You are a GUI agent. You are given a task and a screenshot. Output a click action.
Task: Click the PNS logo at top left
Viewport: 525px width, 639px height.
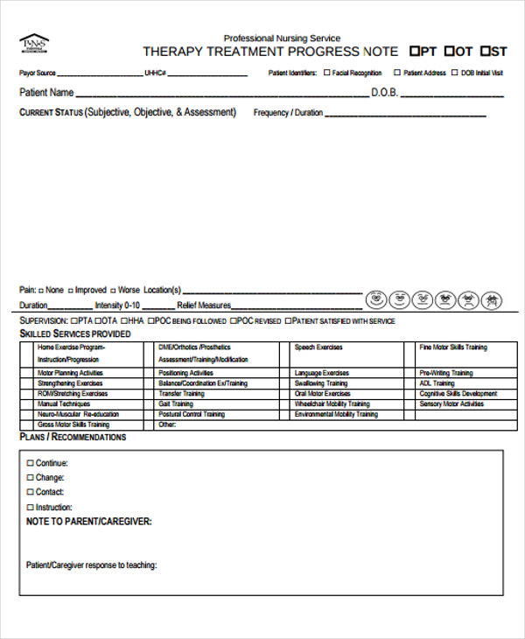[34, 44]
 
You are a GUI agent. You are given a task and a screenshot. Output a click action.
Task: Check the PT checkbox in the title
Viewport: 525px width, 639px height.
[416, 51]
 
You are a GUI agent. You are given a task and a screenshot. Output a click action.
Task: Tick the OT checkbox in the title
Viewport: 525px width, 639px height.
[450, 51]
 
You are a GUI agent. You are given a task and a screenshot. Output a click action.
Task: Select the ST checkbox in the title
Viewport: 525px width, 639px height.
[486, 51]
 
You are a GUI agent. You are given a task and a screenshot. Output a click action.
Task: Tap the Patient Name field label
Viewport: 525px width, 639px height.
[46, 92]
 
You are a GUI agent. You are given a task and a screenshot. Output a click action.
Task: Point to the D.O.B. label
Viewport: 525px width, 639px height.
[388, 92]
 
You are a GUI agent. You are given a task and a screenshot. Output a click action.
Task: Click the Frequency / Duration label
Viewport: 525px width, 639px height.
[288, 113]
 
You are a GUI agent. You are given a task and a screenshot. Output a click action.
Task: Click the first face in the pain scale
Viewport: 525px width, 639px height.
[376, 299]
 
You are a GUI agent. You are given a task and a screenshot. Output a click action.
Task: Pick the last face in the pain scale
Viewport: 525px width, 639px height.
[493, 299]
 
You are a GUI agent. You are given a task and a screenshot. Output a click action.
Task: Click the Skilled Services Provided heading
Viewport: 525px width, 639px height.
[75, 334]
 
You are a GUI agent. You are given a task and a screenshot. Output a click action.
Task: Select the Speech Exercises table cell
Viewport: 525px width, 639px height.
[318, 348]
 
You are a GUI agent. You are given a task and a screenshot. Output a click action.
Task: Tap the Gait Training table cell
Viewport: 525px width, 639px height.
[176, 404]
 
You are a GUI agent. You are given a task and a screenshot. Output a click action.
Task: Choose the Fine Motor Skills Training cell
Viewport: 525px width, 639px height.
[453, 348]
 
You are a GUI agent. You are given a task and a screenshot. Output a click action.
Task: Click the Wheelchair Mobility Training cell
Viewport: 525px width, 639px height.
[332, 404]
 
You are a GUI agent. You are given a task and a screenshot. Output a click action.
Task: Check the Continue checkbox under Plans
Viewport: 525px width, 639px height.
[31, 463]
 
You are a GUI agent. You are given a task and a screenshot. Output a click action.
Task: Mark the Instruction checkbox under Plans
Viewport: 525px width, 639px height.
[31, 507]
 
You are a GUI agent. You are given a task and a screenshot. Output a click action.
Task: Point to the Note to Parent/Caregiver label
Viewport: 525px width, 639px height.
[89, 522]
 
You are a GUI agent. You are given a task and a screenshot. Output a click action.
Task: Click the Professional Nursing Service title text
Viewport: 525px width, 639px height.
[282, 38]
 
